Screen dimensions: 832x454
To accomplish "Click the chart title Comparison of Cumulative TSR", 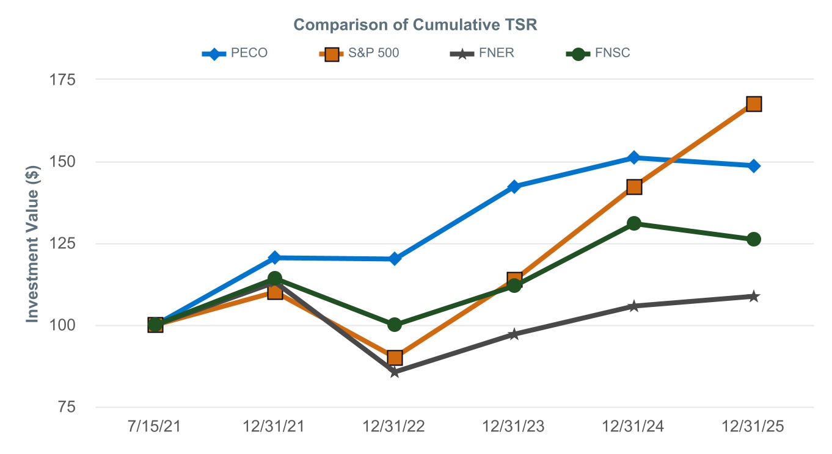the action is click(x=415, y=25).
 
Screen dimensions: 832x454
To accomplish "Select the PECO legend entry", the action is click(x=235, y=53).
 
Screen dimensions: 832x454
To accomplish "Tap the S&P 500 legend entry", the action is click(x=359, y=53).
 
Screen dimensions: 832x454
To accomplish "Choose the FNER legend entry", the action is click(x=482, y=53).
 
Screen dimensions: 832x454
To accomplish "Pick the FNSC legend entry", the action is click(x=598, y=53).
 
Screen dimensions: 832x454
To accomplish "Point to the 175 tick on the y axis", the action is click(x=62, y=79).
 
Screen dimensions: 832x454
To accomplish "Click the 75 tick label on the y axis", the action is click(x=67, y=407).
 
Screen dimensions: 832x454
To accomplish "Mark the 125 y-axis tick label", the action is click(x=62, y=243).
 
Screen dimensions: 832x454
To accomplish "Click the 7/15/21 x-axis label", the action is click(x=154, y=427).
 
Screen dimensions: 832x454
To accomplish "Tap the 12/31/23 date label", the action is click(x=513, y=427).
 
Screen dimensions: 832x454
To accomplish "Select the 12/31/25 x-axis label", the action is click(x=753, y=427).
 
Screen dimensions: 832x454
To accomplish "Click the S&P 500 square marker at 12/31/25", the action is click(x=754, y=104).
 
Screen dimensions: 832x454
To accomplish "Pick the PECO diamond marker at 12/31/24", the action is click(x=634, y=157).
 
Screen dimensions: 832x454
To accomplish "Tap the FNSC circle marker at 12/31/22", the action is click(x=395, y=325).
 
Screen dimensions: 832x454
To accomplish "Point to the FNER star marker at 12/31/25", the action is click(x=754, y=297).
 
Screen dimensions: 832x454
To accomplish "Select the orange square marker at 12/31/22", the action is click(x=395, y=358).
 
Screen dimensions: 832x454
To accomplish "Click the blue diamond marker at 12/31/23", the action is click(x=514, y=186).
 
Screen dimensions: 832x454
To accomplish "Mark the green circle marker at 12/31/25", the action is click(x=754, y=239).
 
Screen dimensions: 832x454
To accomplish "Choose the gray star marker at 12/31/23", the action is click(x=514, y=334).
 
